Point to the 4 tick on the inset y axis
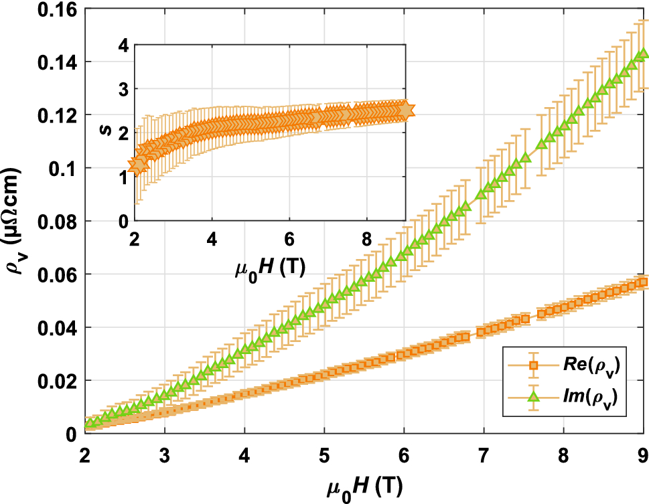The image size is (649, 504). tap(123, 45)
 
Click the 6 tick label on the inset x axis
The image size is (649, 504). tap(289, 238)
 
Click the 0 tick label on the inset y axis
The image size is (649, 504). tap(123, 221)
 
